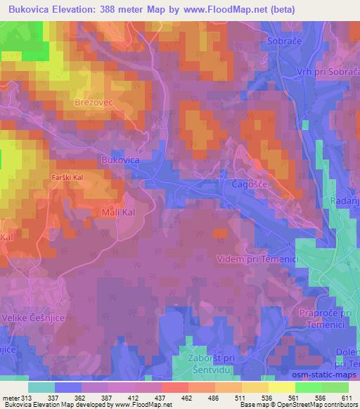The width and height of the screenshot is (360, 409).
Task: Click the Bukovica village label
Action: click(120, 160)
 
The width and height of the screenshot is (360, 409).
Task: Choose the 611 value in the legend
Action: click(347, 398)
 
